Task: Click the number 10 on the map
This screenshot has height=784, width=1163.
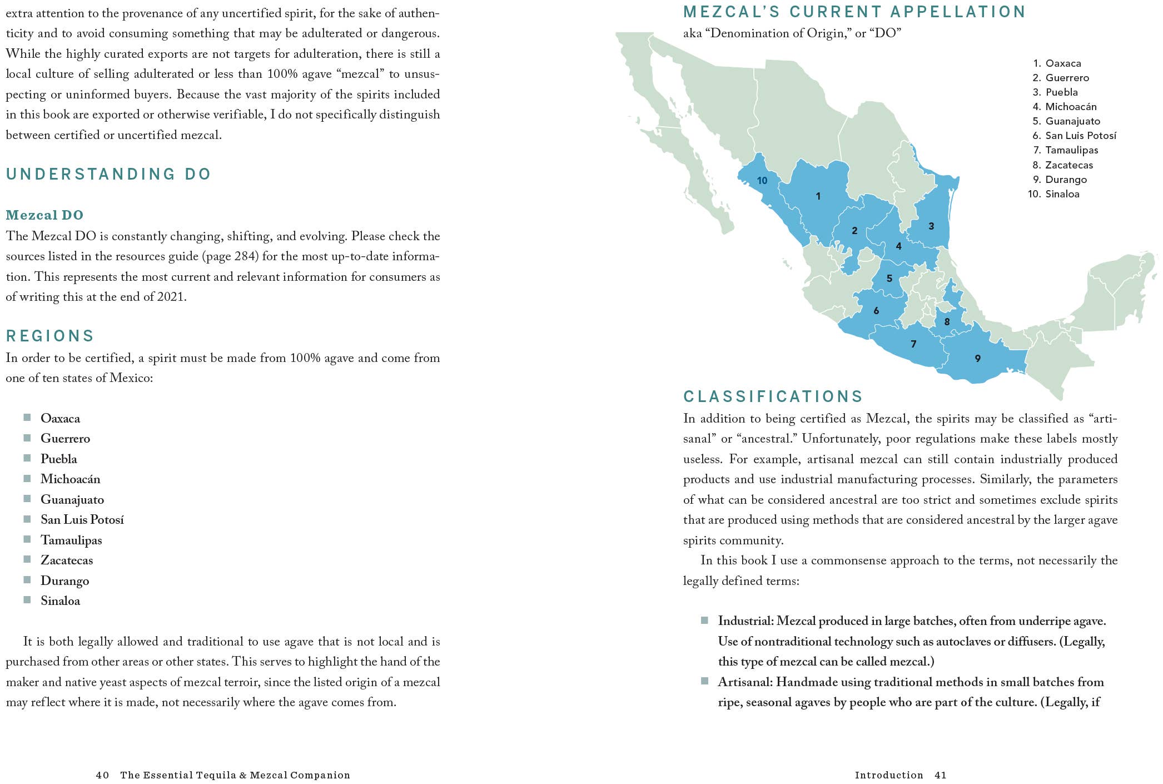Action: [762, 181]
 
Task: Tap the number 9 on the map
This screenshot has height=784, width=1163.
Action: [977, 359]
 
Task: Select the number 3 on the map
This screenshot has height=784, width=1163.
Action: [931, 226]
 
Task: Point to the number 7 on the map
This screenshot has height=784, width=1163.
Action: [913, 344]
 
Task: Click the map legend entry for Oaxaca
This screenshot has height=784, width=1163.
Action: [1062, 63]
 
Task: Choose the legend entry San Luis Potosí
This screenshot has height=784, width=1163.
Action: [1080, 136]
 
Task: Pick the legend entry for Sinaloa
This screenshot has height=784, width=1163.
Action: [1061, 194]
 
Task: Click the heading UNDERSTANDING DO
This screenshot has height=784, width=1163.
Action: [108, 174]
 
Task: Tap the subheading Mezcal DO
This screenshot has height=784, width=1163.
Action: [44, 215]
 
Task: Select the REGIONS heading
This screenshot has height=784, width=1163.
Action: [50, 336]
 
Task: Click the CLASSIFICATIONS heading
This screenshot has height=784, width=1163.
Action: [773, 396]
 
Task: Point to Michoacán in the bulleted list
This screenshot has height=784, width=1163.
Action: [70, 479]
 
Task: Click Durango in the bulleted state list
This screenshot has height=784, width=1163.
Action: [64, 581]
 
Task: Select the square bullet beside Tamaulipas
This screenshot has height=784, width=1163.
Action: [27, 539]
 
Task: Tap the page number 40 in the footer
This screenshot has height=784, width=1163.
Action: [102, 775]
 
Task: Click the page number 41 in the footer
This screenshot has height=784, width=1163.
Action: [940, 775]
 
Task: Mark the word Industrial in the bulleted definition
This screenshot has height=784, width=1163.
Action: [745, 621]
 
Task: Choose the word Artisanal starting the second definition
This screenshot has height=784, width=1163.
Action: [744, 682]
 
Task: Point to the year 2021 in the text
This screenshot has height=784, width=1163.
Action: [170, 297]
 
